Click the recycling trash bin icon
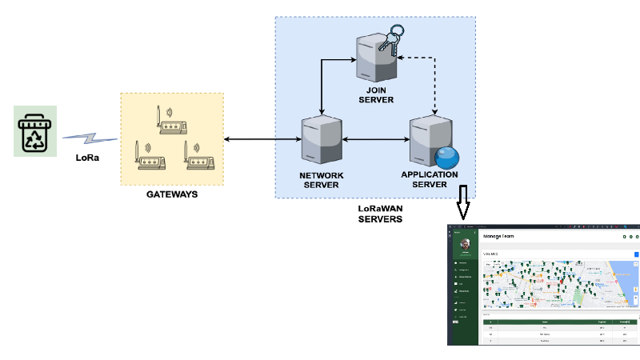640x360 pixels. tap(36, 133)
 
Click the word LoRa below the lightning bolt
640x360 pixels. tap(87, 158)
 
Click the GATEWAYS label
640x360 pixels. tap(171, 194)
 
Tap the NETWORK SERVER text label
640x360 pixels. tap(321, 180)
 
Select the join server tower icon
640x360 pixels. tap(375, 58)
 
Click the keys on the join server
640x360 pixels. tap(394, 39)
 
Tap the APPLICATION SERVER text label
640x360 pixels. tap(430, 179)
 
